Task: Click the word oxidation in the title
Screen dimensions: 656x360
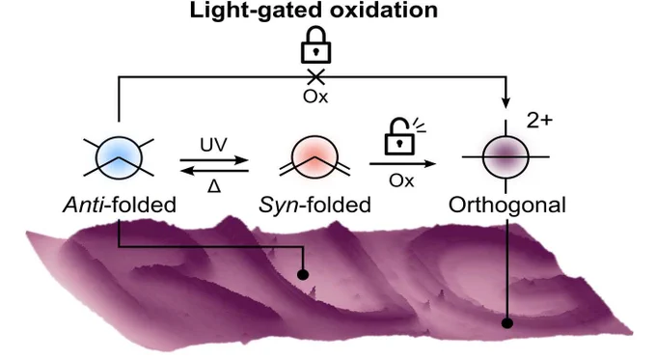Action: [x=384, y=10]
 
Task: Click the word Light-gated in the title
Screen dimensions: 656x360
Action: [x=257, y=11]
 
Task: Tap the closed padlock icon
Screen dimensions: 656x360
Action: [x=315, y=45]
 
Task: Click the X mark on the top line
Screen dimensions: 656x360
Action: [x=315, y=76]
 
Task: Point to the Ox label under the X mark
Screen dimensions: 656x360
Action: [x=315, y=97]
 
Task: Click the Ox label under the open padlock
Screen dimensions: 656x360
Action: [x=401, y=180]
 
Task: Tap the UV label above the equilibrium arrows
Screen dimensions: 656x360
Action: [x=213, y=145]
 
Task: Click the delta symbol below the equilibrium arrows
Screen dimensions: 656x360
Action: [x=214, y=185]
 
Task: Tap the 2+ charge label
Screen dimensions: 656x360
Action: [x=539, y=121]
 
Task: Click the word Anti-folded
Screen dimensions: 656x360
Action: [x=120, y=206]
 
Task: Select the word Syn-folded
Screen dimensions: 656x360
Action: [x=314, y=206]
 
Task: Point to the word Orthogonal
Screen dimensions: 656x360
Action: [x=507, y=206]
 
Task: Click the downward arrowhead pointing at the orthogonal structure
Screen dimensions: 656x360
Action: [x=506, y=103]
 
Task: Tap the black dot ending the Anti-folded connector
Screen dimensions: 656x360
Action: [x=303, y=275]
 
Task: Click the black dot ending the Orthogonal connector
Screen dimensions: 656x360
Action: [x=507, y=323]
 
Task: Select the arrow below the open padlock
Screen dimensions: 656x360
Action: [x=403, y=164]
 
